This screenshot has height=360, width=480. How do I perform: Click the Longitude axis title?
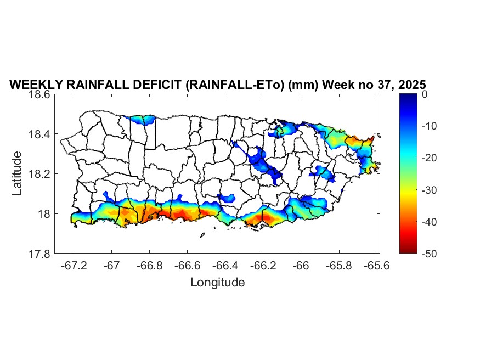click(x=217, y=283)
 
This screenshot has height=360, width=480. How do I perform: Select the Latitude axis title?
click(x=18, y=173)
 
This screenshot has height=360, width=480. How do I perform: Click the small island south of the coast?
click(x=202, y=236)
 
